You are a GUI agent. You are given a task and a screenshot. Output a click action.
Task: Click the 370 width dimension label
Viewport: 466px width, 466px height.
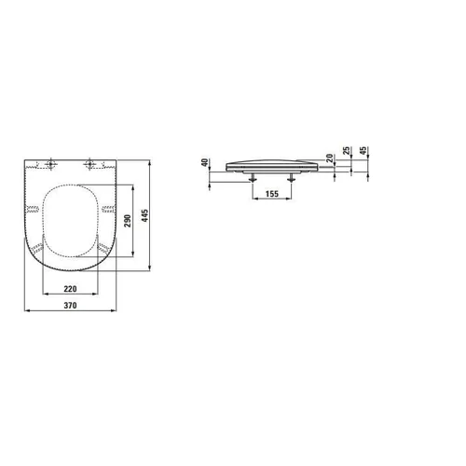tap(70, 306)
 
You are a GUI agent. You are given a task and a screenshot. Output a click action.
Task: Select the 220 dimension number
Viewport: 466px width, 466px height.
tap(70, 289)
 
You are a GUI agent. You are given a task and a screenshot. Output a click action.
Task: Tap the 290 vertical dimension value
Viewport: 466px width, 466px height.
tap(128, 221)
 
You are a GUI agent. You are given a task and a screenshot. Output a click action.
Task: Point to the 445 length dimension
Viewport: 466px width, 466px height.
tap(145, 215)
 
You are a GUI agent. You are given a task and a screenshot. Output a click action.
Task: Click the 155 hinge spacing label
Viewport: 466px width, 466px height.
tap(272, 194)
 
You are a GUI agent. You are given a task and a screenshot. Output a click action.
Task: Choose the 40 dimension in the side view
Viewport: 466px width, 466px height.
tap(205, 162)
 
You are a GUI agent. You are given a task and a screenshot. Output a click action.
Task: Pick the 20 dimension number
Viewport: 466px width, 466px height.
tap(330, 158)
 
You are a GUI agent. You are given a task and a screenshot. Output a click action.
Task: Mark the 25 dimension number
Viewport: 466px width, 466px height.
tap(347, 151)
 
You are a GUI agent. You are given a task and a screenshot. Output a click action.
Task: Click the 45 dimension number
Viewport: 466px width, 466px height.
tap(363, 151)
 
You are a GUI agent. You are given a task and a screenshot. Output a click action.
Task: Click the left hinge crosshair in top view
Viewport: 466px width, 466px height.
tap(50, 164)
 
